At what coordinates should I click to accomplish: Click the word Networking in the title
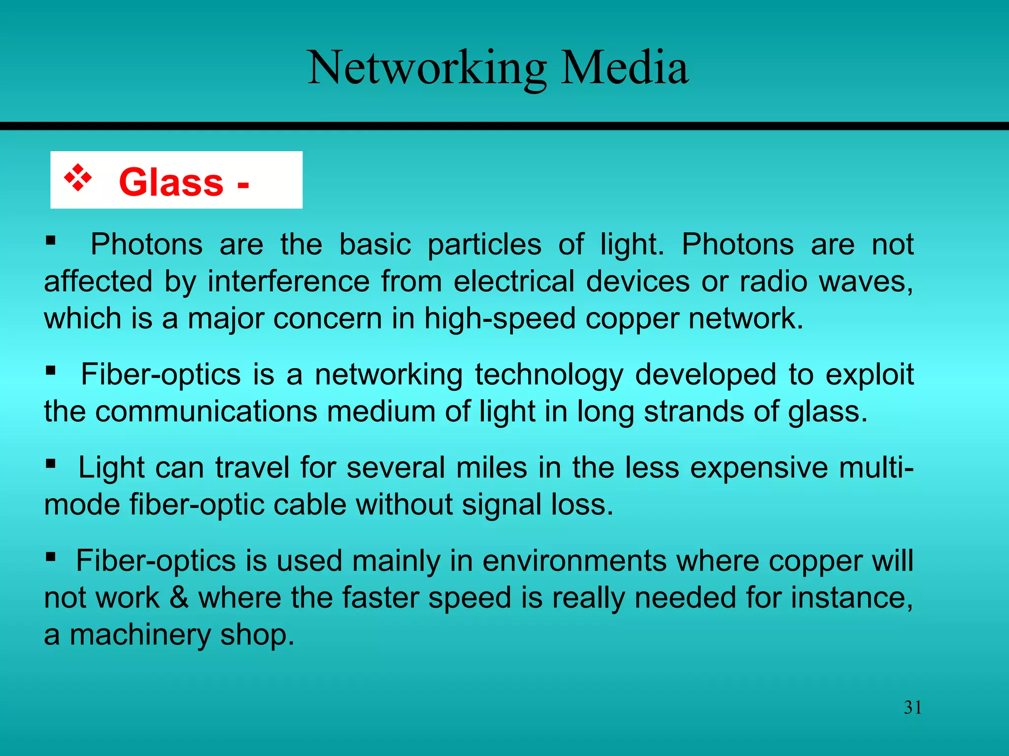coord(427,69)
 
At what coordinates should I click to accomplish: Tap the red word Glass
coord(171,182)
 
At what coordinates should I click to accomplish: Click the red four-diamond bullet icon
coord(78,178)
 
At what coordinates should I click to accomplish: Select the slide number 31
coord(912,707)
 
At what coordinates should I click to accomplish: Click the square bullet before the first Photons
coord(50,241)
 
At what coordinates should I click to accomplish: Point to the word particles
coord(484,245)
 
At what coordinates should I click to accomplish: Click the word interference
coord(288,282)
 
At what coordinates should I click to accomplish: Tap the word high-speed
coord(500,319)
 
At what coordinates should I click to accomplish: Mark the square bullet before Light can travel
coord(50,464)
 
